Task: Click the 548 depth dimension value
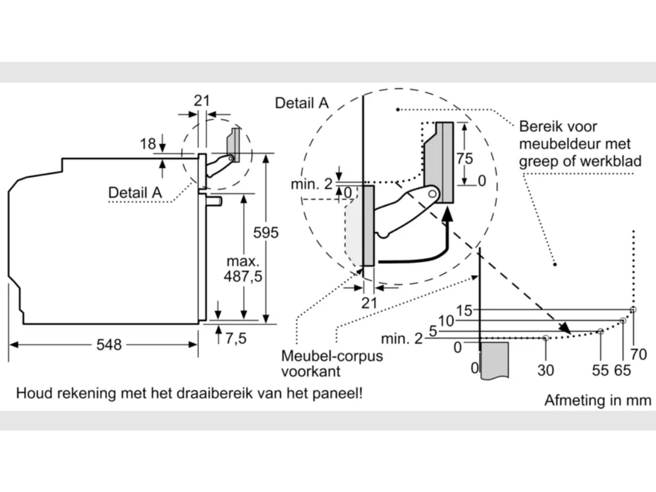point(109,345)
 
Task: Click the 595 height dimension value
point(266,232)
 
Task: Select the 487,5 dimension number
point(243,276)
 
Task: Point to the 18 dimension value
point(148,144)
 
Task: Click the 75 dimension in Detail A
point(465,158)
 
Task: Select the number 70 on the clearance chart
point(638,354)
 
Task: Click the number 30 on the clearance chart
point(545,370)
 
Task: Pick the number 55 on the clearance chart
point(600,370)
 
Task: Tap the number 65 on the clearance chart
point(622,370)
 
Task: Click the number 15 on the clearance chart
point(464,310)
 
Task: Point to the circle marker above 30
point(545,338)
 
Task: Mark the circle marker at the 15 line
point(633,310)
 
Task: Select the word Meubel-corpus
point(332,356)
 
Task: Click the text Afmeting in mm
point(597,400)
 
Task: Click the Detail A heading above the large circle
point(302,103)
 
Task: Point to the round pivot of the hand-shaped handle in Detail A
point(432,193)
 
